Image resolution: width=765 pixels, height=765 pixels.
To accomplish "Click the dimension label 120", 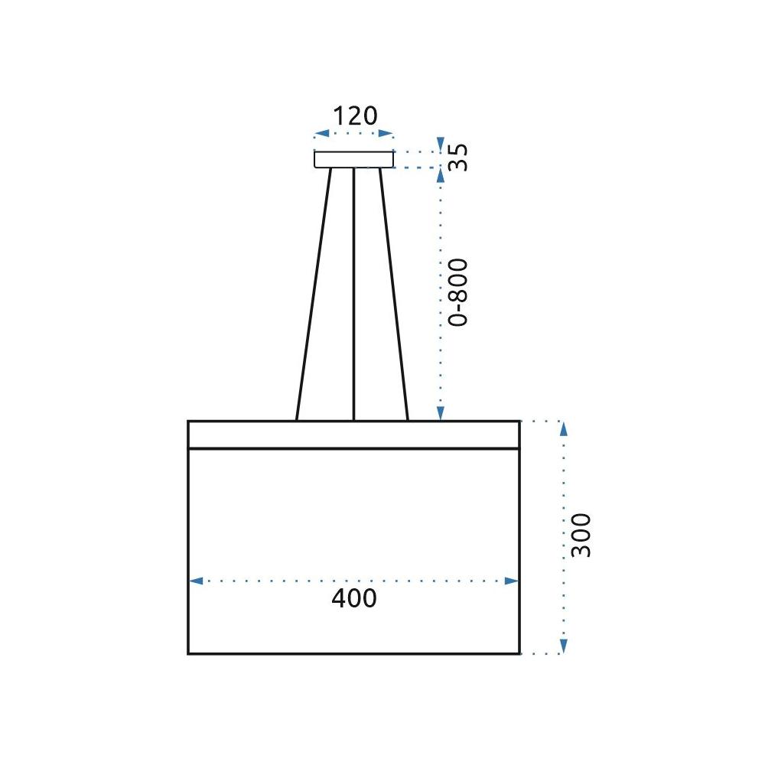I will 355,116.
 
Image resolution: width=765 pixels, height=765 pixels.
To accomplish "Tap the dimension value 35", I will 457,158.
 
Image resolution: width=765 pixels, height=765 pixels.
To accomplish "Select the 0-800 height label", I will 457,292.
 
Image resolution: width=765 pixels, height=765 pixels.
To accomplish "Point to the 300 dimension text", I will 581,535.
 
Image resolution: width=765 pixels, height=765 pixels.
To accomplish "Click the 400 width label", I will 354,598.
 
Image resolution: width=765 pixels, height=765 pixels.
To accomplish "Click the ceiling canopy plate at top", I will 353,159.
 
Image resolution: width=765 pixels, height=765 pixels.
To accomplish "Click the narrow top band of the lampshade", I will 353,435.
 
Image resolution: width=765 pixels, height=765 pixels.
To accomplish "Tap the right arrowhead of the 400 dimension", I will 513,581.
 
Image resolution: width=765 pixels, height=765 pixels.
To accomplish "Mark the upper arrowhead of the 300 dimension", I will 564,428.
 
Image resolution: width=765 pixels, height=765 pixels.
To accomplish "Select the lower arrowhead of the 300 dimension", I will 564,647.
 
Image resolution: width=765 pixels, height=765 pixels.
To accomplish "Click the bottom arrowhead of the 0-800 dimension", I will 440,414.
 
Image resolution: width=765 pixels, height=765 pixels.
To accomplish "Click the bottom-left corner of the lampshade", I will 188,653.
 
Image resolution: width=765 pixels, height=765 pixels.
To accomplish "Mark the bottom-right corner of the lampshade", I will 519,653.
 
